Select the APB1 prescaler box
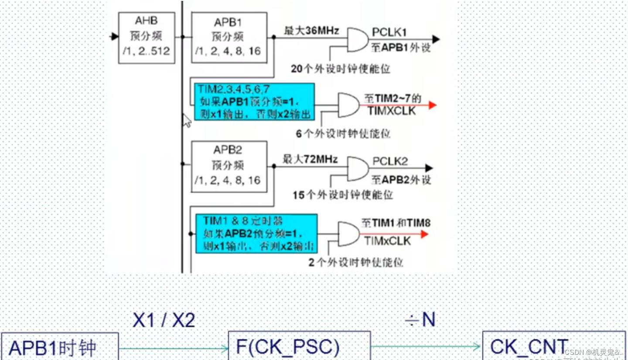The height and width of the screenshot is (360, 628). [229, 37]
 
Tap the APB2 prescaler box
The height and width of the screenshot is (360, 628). [229, 166]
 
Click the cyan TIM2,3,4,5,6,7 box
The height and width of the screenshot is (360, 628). [254, 102]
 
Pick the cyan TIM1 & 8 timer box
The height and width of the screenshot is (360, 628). [256, 233]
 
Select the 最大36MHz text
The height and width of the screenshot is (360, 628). [311, 31]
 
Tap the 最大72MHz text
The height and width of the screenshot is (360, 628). [310, 160]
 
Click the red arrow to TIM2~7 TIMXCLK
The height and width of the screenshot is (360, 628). [432, 105]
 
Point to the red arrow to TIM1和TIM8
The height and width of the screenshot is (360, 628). [423, 234]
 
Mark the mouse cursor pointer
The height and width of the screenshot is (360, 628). [187, 120]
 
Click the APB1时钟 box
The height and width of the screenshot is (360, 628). [60, 347]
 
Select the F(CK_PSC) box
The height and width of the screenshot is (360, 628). [300, 346]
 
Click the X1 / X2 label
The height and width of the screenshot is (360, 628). [164, 321]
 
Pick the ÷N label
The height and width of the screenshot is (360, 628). [420, 320]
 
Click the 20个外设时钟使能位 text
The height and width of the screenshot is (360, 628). [340, 69]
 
